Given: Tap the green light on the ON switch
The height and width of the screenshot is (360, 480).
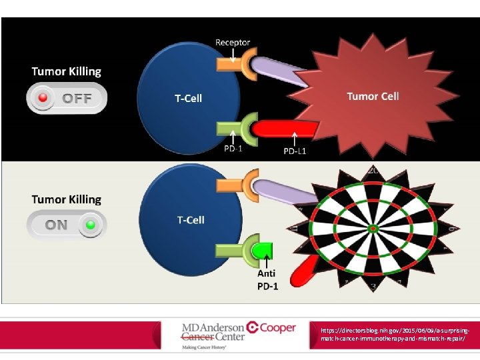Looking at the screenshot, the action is (x=90, y=224).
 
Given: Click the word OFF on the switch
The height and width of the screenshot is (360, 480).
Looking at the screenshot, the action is (x=77, y=99).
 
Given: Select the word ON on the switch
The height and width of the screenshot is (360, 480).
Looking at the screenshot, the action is (x=56, y=225).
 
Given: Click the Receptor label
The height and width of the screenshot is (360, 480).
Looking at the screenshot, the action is (x=233, y=43).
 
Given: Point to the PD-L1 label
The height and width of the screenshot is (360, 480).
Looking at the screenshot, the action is (x=295, y=151).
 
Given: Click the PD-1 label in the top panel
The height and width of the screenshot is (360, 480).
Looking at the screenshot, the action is (x=233, y=149).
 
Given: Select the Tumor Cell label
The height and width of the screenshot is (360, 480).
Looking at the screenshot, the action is (x=373, y=96).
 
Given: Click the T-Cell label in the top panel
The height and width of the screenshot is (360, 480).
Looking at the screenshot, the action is (x=188, y=99).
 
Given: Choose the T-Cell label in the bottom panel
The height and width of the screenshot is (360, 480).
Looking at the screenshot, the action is (x=191, y=220).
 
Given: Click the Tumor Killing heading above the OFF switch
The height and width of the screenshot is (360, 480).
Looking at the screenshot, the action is (x=67, y=71).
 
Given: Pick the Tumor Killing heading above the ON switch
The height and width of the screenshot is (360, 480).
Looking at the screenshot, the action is (x=67, y=199).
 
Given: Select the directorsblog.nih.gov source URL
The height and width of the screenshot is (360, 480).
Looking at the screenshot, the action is (x=397, y=335).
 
